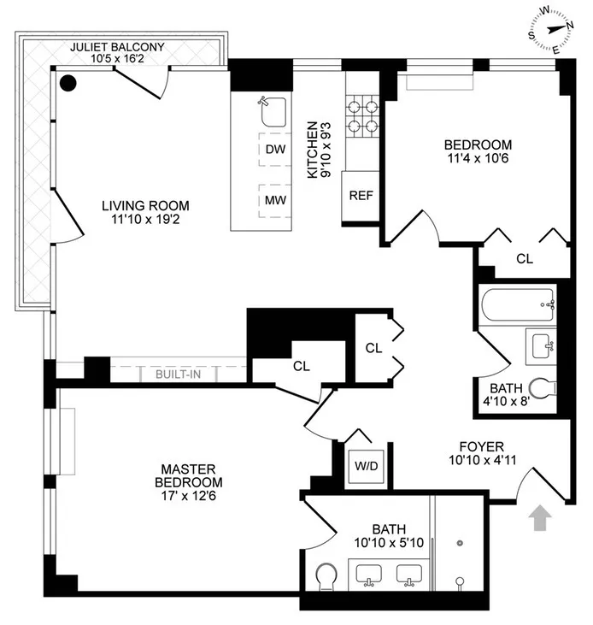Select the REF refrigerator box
click(x=360, y=194)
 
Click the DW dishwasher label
click(x=274, y=150)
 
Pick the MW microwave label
click(x=274, y=201)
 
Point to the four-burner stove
click(x=361, y=117)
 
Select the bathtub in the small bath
click(x=518, y=306)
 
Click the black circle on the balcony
click(x=68, y=83)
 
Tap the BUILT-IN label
click(x=178, y=374)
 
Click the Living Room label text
click(x=145, y=206)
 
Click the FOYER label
click(x=481, y=446)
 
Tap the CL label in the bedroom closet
click(x=524, y=259)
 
